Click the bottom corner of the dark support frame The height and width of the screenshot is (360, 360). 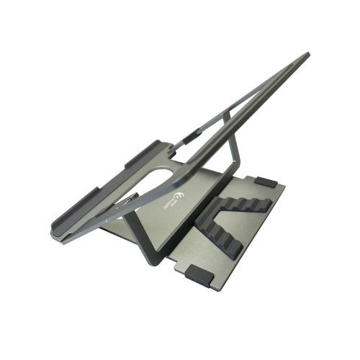pyautogui.click(x=150, y=260)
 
